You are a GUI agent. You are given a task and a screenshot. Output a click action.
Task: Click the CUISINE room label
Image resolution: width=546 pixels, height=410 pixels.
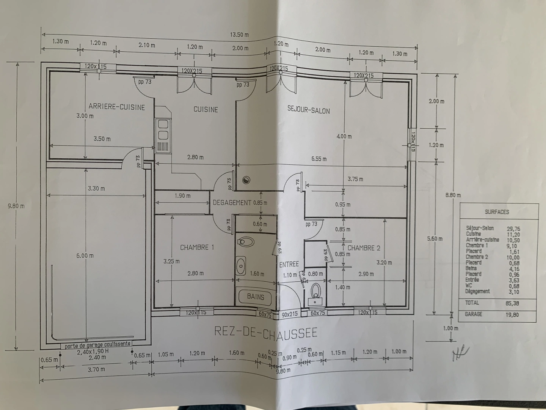tap(206, 109)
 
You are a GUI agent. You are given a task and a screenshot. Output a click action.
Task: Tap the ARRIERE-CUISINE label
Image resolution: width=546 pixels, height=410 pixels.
tap(117, 107)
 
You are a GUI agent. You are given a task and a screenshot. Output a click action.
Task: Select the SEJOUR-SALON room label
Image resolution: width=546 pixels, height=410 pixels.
tap(308, 110)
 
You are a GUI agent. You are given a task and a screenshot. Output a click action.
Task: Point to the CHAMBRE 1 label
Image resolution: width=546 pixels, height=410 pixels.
tap(197, 248)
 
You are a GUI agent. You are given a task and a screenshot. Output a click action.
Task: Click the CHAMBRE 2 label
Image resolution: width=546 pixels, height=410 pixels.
tap(364, 248)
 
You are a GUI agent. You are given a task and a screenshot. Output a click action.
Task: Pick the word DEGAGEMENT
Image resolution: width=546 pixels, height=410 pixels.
tap(232, 203)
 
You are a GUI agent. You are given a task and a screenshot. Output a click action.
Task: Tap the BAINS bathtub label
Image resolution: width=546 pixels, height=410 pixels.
tap(255, 296)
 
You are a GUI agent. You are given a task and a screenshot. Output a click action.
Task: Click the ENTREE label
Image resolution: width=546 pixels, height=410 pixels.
tap(289, 264)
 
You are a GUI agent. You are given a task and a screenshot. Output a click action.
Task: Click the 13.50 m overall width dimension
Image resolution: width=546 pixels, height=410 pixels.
tap(239, 35)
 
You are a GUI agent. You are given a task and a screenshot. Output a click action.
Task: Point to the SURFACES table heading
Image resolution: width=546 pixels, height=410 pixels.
tap(497, 212)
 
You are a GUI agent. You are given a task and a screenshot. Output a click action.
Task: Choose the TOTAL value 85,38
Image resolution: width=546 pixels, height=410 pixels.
tap(512, 303)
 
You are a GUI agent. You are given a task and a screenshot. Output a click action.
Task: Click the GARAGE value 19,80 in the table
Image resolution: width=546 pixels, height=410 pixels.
tap(512, 314)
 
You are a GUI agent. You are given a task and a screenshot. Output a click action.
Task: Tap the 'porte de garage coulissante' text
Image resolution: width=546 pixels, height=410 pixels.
tap(97, 345)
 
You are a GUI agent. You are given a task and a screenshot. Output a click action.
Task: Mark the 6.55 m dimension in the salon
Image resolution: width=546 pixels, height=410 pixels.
tap(319, 159)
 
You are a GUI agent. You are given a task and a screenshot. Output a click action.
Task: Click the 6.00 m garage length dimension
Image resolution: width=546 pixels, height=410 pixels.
tap(85, 256)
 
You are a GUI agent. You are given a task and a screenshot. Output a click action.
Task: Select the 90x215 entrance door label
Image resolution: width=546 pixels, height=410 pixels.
tap(290, 314)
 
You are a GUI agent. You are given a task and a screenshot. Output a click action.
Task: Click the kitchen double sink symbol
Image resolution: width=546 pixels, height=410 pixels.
tap(163, 129)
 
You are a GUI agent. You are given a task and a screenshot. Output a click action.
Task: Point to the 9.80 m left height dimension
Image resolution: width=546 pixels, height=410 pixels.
tap(16, 206)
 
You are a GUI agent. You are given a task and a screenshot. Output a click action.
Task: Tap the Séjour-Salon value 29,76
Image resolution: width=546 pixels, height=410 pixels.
tap(513, 229)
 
